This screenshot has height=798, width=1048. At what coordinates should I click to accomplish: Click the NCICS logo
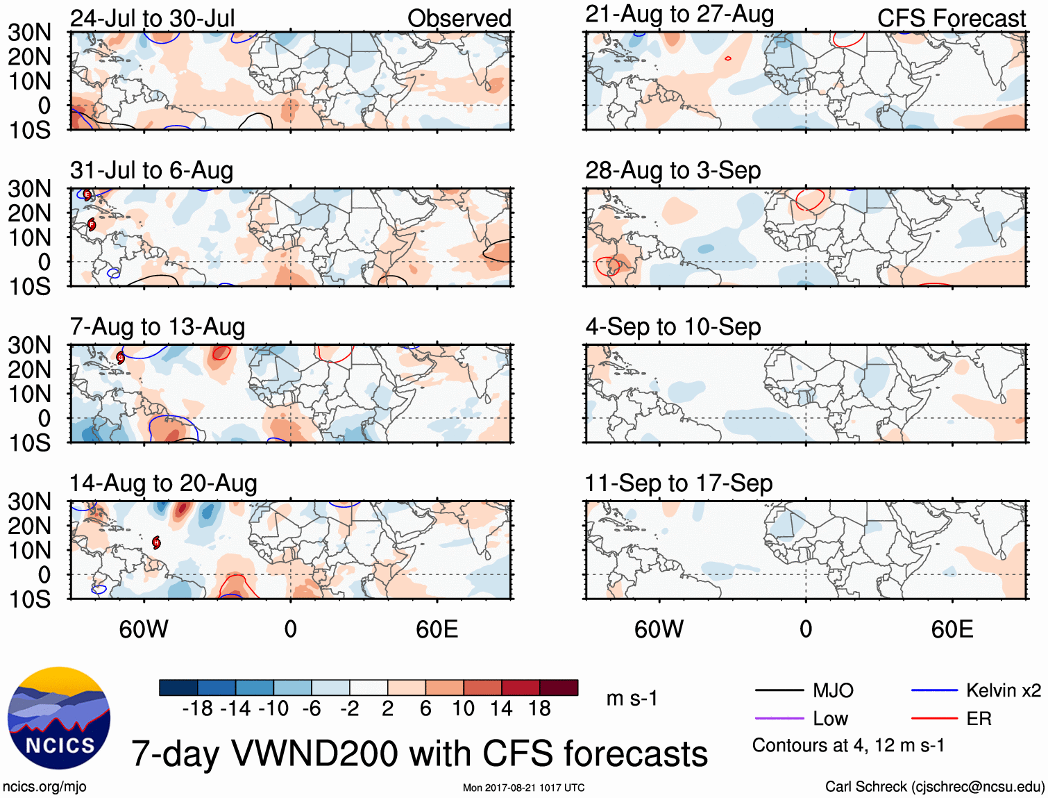pos(59,718)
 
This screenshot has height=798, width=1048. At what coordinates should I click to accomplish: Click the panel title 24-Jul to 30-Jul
pos(153,18)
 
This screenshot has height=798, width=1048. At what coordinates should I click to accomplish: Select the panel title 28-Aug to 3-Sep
pos(673,170)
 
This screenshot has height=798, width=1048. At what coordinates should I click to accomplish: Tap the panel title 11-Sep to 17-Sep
pos(678,483)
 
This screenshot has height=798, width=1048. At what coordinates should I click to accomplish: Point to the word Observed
pos(459,19)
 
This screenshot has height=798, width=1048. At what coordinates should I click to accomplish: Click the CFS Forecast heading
pos(951,19)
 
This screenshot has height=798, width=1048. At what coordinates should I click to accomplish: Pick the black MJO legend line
pos(779,690)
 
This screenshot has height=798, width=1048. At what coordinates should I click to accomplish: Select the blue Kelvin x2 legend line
pos(934,690)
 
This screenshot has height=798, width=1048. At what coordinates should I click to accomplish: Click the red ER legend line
pos(934,718)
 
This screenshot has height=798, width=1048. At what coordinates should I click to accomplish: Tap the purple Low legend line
pos(779,718)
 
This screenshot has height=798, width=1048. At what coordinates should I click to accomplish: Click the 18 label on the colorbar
pos(539,708)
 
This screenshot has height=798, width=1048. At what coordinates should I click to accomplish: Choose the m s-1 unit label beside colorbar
pos(632,698)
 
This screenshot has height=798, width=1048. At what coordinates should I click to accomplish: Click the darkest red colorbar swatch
pos(559,688)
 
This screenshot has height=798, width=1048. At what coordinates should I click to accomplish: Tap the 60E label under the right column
pos(952,629)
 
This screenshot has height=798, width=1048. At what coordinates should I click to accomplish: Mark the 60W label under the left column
pos(144,629)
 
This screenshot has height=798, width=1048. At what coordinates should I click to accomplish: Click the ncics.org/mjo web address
pos(44,787)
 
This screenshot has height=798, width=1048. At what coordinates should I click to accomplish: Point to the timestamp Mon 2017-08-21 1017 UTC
pos(523,788)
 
